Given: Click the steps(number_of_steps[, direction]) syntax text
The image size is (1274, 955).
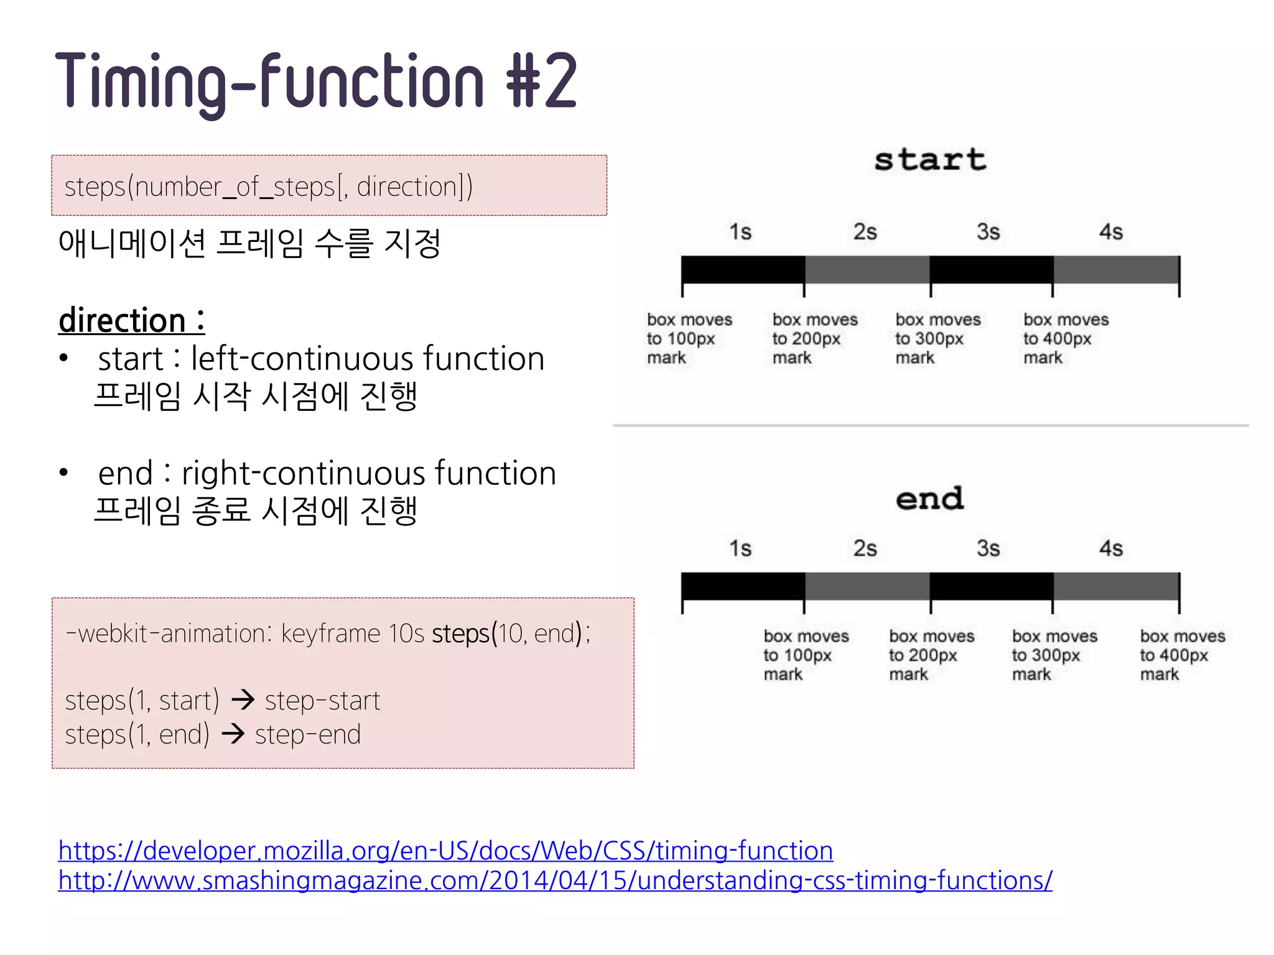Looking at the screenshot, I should click(x=269, y=187).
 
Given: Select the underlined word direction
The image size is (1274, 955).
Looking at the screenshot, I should click(x=123, y=321).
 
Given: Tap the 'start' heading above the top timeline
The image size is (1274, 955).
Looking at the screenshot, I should click(x=930, y=160).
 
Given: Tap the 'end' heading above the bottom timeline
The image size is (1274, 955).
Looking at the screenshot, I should click(x=930, y=499).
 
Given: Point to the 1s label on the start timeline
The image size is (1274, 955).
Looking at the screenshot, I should click(x=740, y=232).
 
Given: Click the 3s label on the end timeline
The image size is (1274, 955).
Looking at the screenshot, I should click(x=988, y=548).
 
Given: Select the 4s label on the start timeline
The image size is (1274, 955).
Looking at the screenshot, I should click(x=1111, y=232).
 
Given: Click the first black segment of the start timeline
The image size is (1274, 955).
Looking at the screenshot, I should click(x=743, y=270).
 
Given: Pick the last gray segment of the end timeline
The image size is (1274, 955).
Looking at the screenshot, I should click(x=1116, y=586).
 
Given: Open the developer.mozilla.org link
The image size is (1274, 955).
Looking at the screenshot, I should click(x=445, y=850).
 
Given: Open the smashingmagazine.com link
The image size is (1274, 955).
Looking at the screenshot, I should click(x=555, y=880).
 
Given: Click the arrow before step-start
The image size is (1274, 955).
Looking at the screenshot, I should click(x=243, y=700).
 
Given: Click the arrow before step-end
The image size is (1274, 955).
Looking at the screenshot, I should click(x=233, y=734).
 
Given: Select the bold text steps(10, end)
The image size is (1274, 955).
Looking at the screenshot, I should click(x=510, y=634).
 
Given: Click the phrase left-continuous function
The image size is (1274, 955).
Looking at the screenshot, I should click(x=368, y=359).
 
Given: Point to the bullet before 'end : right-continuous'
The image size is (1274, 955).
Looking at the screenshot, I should click(x=63, y=473).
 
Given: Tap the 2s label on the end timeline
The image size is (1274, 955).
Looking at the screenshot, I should click(x=865, y=548).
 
